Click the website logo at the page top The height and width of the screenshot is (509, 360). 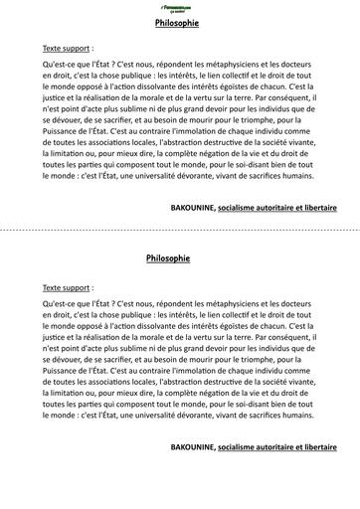click(x=180, y=7)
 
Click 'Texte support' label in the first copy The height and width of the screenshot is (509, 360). click(x=68, y=47)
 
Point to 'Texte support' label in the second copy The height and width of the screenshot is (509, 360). click(x=68, y=285)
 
